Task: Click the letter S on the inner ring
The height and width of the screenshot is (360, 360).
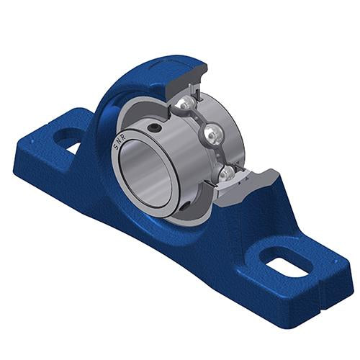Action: pyautogui.click(x=115, y=148)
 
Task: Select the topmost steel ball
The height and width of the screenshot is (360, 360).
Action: pyautogui.click(x=186, y=104)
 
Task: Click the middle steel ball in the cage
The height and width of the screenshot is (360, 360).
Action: pyautogui.click(x=212, y=135)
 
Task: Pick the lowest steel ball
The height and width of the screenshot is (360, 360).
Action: pyautogui.click(x=225, y=174)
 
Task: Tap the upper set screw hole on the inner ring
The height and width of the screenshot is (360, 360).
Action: pyautogui.click(x=153, y=128)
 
